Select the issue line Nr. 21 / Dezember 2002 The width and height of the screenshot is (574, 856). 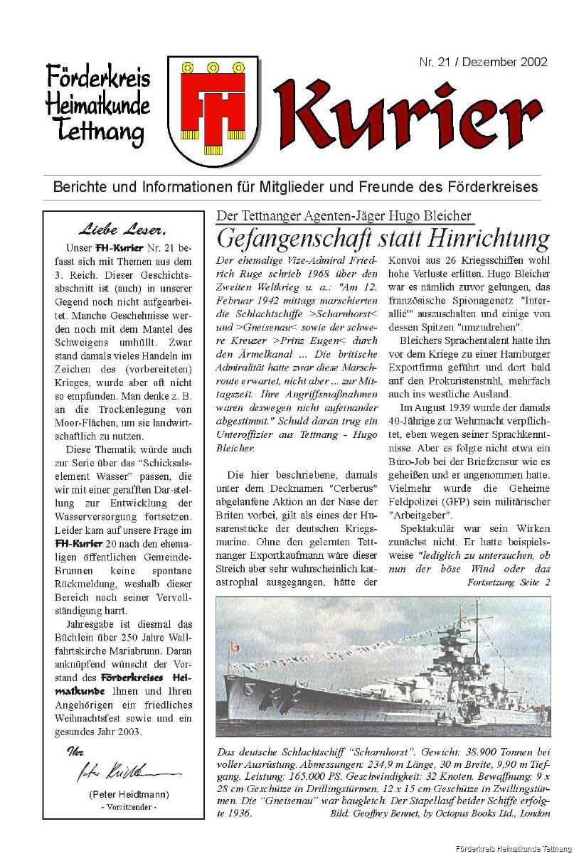click(x=483, y=62)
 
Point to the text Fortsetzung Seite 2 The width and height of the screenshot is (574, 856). click(x=509, y=582)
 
